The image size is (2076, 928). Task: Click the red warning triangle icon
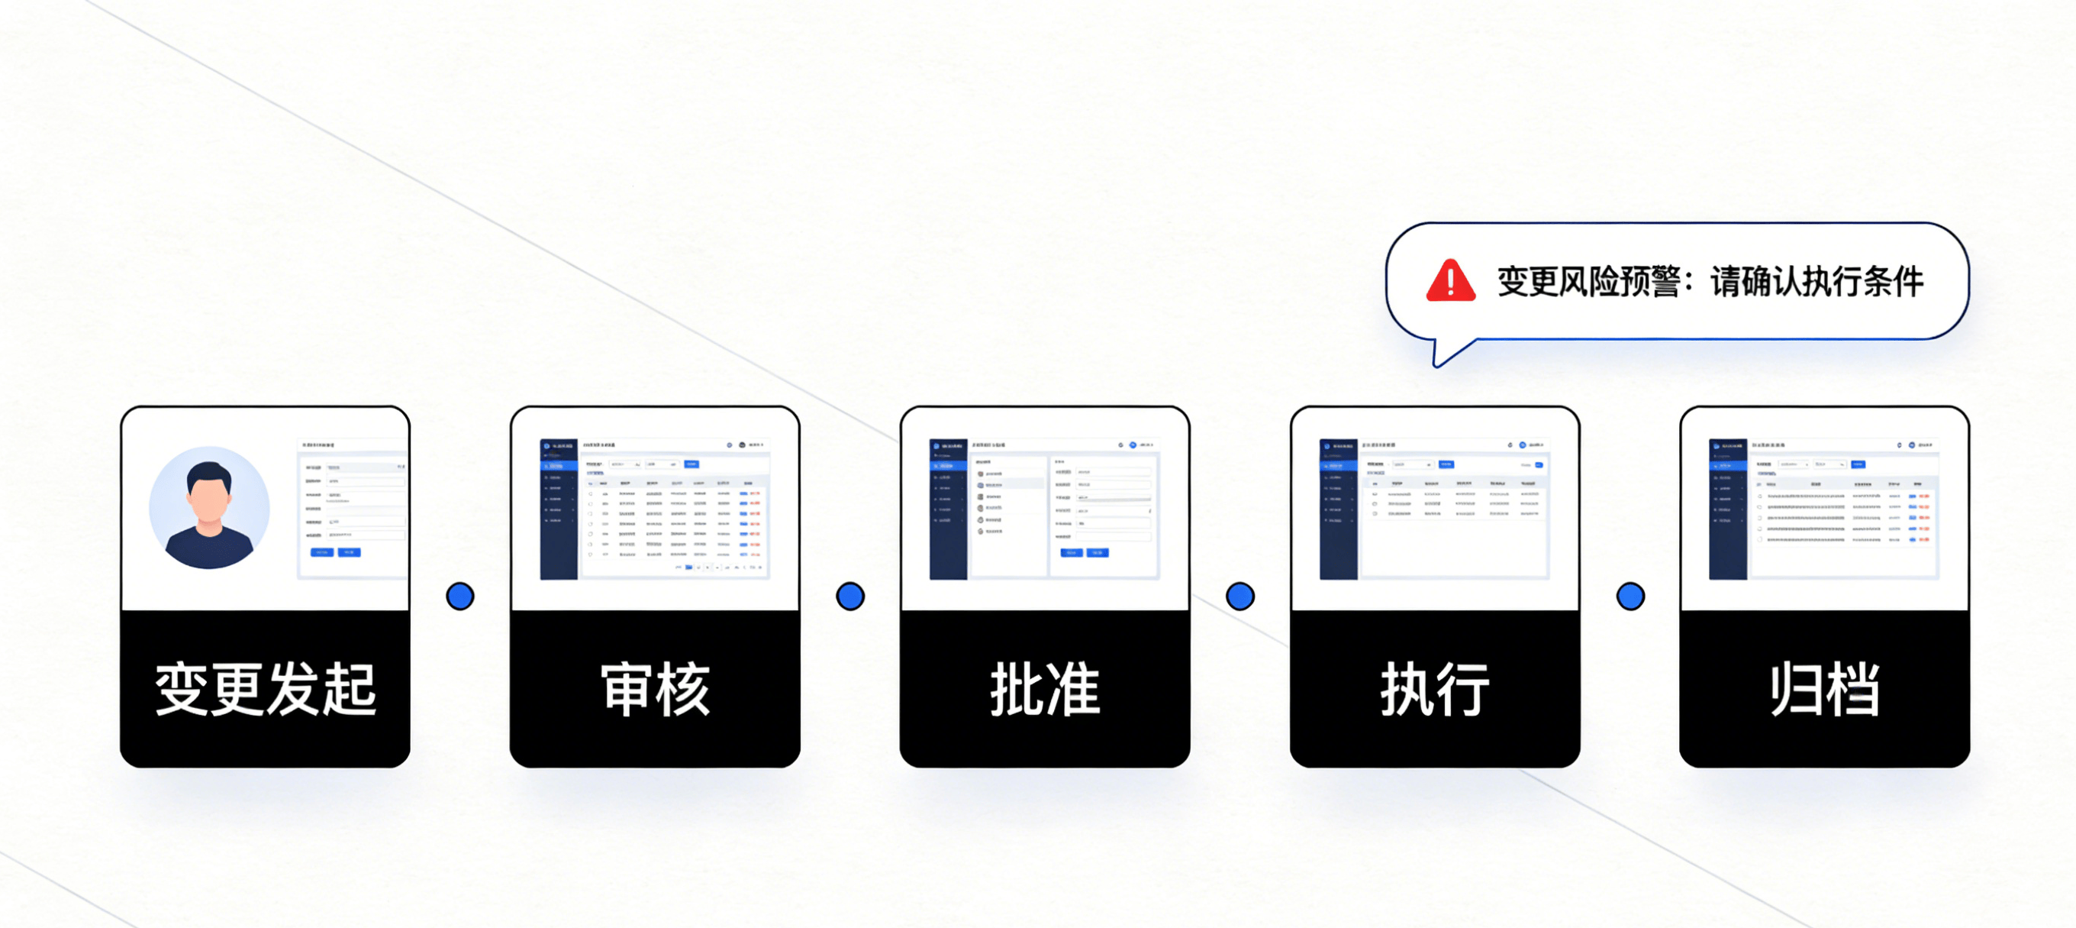[x=1450, y=281]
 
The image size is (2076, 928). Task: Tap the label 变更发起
[x=265, y=690]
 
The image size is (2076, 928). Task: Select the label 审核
[x=655, y=690]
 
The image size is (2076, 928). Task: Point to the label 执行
[x=1435, y=690]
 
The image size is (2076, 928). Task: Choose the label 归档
[x=1825, y=690]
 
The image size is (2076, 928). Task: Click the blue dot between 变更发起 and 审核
[x=460, y=597]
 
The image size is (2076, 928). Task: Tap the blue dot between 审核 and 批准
[x=850, y=597]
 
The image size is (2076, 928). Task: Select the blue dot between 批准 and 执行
[x=1240, y=597]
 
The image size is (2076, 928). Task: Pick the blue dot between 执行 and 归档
[x=1630, y=597]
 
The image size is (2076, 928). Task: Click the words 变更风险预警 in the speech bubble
[x=1588, y=282]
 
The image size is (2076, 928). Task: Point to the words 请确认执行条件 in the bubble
[x=1816, y=282]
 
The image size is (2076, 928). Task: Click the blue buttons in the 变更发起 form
[x=335, y=552]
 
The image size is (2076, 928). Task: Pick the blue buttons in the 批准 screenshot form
[x=1084, y=553]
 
